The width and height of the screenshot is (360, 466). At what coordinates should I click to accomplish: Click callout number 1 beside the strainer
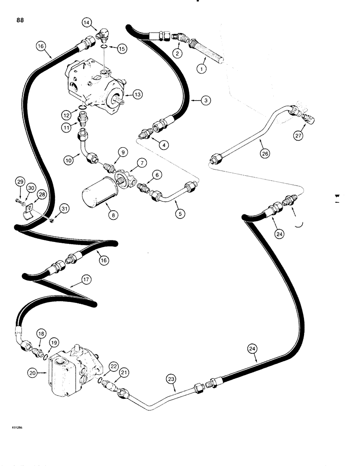pyautogui.click(x=201, y=69)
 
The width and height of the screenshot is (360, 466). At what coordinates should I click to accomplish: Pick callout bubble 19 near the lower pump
pyautogui.click(x=54, y=342)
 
